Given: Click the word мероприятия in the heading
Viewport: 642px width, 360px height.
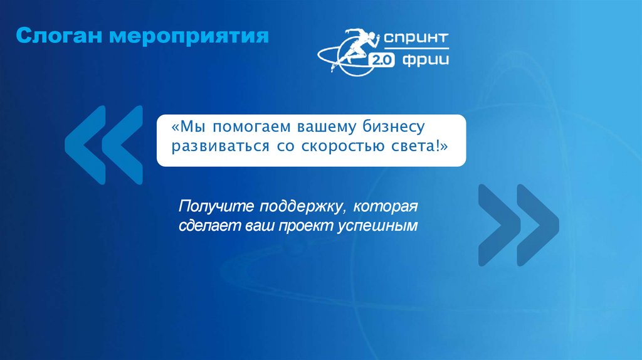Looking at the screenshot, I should [189, 36].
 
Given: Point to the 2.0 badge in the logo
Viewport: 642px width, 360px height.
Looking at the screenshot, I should [382, 60].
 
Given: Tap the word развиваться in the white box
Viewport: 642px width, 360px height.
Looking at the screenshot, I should [218, 148].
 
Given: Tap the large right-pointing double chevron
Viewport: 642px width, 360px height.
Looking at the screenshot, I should [517, 224].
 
